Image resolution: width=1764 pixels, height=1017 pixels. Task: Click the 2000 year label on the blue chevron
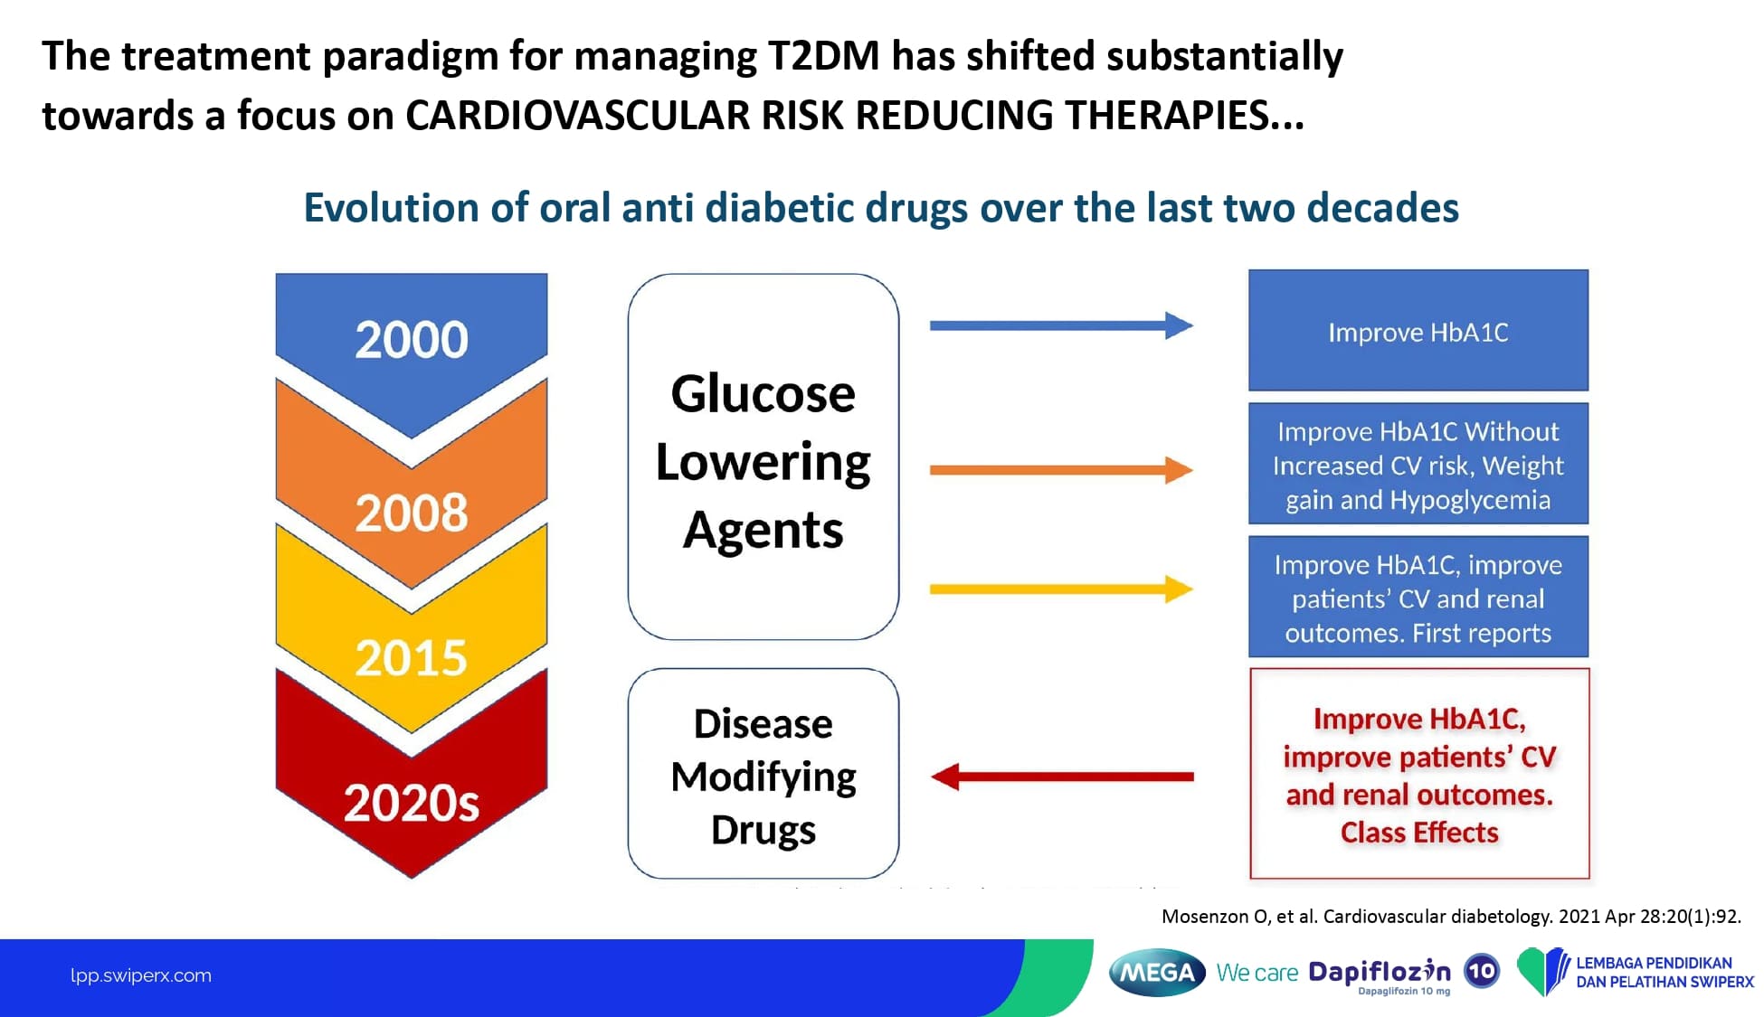click(x=412, y=340)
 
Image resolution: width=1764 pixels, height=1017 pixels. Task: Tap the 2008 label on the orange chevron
click(x=412, y=513)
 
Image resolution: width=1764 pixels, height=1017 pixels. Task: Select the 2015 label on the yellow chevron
click(x=412, y=657)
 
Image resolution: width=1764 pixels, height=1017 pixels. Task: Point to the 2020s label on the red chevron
click(x=412, y=803)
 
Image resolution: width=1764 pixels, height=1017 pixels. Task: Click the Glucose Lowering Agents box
click(x=763, y=457)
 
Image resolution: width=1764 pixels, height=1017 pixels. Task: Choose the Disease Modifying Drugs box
click(x=763, y=774)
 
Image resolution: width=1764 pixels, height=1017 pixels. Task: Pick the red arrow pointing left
click(x=1062, y=777)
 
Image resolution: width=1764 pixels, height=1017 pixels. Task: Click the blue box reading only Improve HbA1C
click(x=1418, y=330)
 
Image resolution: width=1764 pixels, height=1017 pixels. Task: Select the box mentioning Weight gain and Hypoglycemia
click(x=1418, y=464)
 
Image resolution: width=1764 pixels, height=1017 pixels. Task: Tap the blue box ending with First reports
click(x=1418, y=597)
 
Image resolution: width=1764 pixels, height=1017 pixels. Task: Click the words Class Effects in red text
click(x=1419, y=832)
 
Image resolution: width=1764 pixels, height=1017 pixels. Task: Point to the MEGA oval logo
click(x=1157, y=973)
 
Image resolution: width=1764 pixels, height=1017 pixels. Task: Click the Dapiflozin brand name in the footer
click(x=1380, y=972)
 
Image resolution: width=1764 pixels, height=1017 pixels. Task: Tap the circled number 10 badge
click(x=1482, y=972)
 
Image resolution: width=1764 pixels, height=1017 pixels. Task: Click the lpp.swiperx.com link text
click(x=141, y=975)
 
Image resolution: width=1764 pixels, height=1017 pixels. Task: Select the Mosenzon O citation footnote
click(x=1451, y=917)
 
